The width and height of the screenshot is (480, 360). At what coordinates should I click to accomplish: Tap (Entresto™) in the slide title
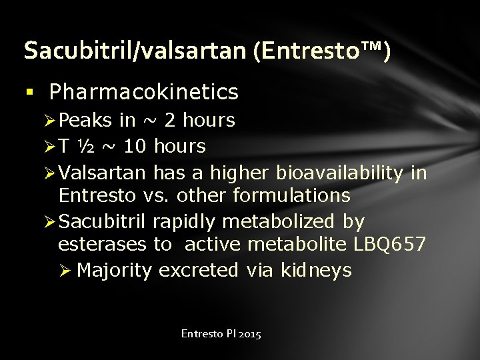tap(322, 51)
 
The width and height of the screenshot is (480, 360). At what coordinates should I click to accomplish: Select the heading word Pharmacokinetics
tap(144, 92)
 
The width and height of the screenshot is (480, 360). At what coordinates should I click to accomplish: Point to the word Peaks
tap(85, 121)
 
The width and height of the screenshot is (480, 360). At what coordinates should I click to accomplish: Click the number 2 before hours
tap(170, 121)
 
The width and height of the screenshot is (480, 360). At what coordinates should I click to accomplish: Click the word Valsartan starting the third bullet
tap(102, 173)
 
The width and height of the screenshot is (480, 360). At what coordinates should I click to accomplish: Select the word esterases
tap(101, 244)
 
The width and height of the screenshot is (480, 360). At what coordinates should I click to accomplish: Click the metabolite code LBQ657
tap(387, 244)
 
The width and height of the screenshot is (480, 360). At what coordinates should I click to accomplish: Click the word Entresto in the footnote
tap(201, 333)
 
